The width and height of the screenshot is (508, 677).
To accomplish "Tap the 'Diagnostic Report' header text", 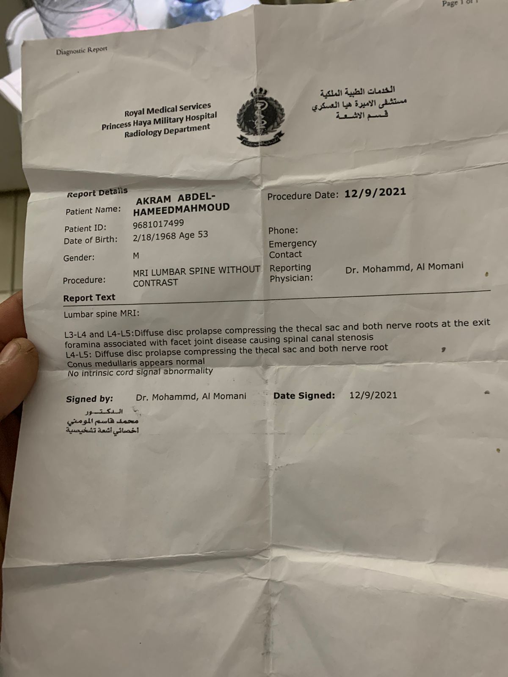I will pyautogui.click(x=82, y=51).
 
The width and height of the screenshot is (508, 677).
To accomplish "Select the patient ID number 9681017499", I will pyautogui.click(x=158, y=224).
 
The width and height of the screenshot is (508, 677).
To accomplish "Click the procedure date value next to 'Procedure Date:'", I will pyautogui.click(x=375, y=193).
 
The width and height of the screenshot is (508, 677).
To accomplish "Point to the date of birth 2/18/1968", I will pyautogui.click(x=154, y=237).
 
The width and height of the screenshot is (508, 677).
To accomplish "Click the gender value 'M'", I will pyautogui.click(x=136, y=256).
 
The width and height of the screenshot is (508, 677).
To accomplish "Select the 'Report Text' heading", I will pyautogui.click(x=89, y=297).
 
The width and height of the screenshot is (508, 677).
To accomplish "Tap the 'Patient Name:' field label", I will pyautogui.click(x=93, y=210).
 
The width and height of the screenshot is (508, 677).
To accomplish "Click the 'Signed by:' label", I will pyautogui.click(x=89, y=399).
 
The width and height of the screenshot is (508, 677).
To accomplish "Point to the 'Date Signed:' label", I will pyautogui.click(x=304, y=396).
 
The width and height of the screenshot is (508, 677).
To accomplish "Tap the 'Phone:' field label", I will pyautogui.click(x=283, y=231).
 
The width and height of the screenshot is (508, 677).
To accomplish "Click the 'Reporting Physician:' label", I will pyautogui.click(x=291, y=272).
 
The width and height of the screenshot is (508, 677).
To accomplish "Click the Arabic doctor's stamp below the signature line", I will pyautogui.click(x=103, y=421).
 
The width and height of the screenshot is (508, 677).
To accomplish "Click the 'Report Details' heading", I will pyautogui.click(x=97, y=193).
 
